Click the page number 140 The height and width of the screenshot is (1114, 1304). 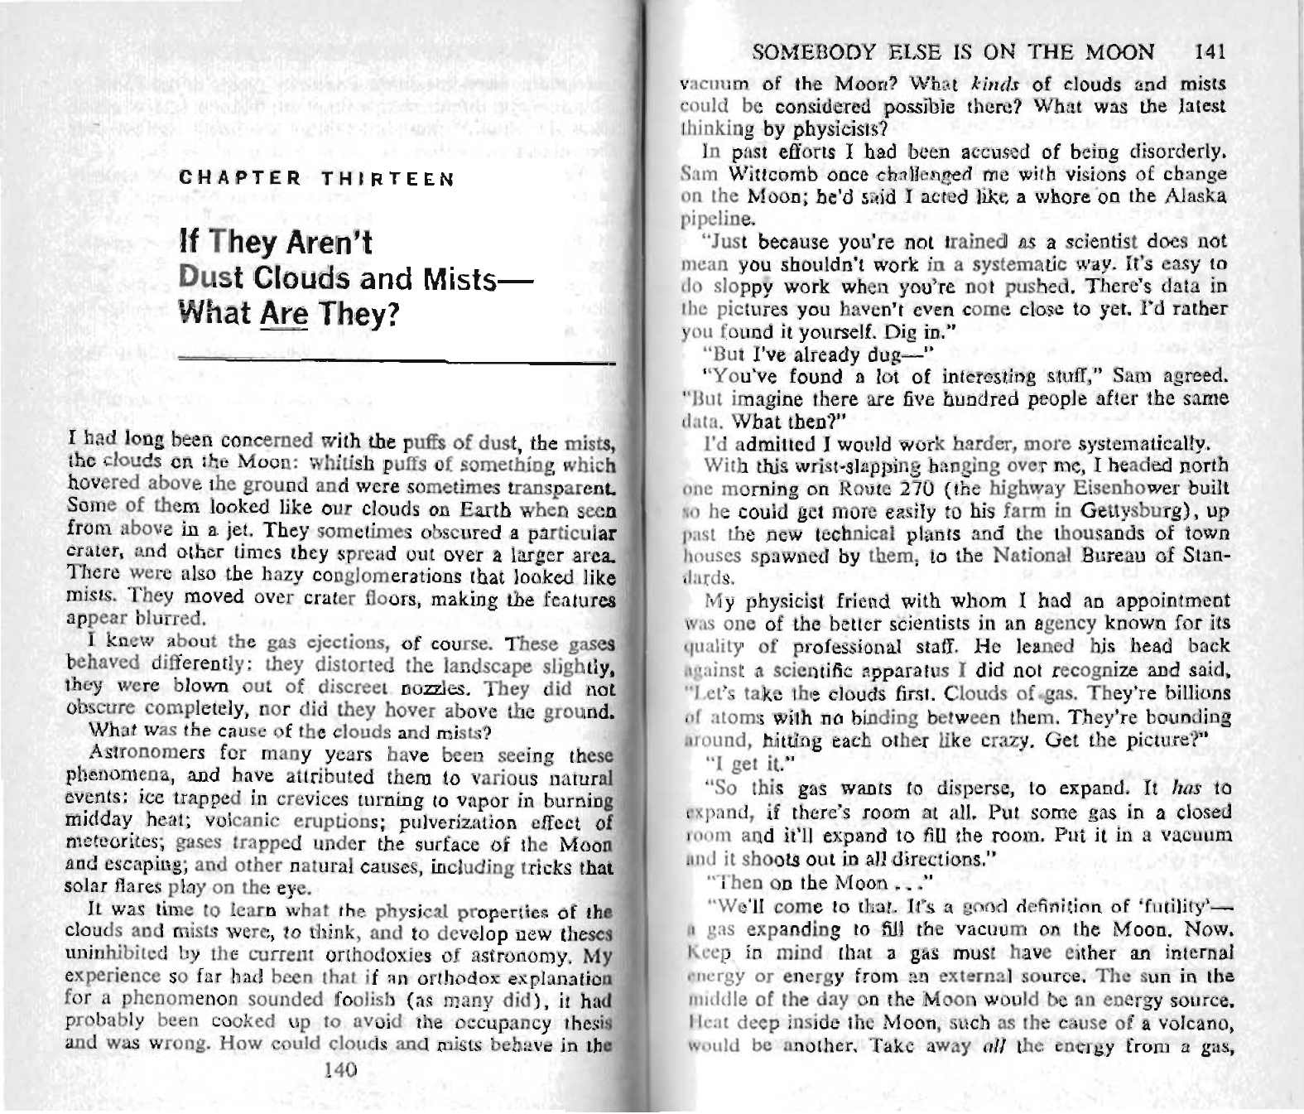tap(342, 1069)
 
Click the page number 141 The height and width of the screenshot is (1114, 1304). tap(1210, 52)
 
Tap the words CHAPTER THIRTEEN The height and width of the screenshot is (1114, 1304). tap(317, 179)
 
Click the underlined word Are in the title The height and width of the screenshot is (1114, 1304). tap(284, 314)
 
